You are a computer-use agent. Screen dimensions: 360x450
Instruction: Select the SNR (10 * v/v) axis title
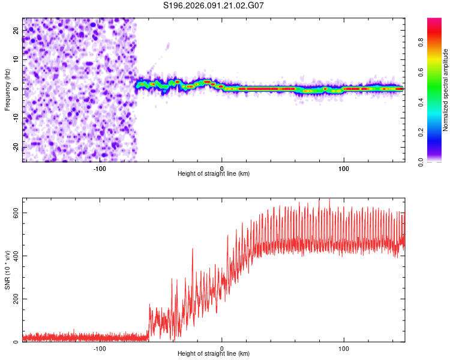[7, 270]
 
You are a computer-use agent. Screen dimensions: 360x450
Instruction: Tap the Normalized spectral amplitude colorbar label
[446, 90]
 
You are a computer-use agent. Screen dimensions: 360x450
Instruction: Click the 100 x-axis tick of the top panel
[344, 169]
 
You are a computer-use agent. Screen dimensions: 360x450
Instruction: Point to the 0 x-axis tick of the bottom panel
[222, 348]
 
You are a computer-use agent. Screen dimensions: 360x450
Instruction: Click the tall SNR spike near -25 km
[192, 250]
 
